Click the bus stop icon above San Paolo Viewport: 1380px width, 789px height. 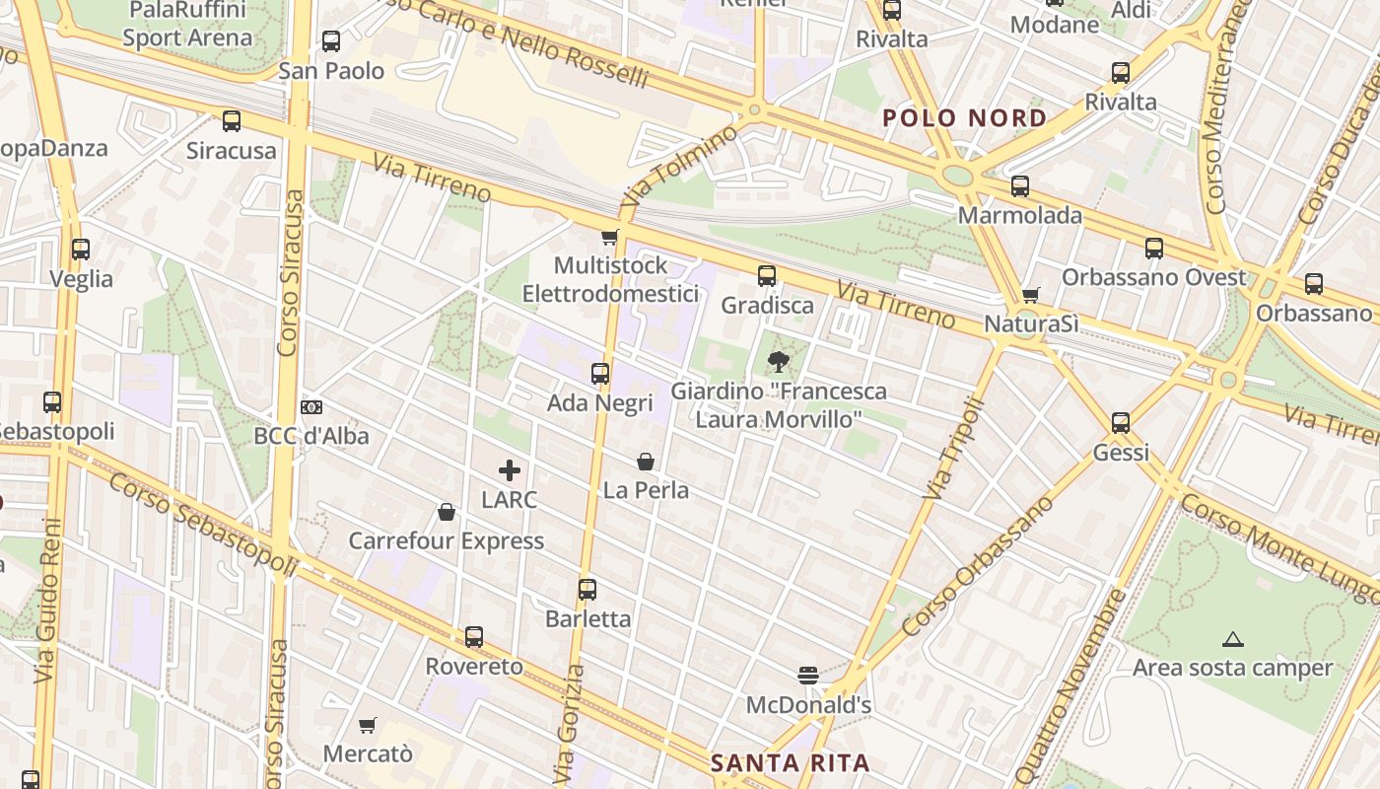click(x=331, y=41)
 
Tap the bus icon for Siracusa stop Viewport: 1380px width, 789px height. click(x=232, y=121)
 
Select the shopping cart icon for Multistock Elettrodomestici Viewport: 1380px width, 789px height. click(x=610, y=237)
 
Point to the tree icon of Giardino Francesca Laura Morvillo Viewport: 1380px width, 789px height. click(x=778, y=362)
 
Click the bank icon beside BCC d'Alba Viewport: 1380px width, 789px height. click(x=311, y=407)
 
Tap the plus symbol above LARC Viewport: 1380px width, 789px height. click(x=510, y=470)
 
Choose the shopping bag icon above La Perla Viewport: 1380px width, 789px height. click(x=646, y=461)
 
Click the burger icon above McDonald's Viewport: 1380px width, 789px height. click(x=808, y=676)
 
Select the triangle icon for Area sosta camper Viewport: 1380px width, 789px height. click(x=1232, y=640)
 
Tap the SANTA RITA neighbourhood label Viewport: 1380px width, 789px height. click(x=791, y=762)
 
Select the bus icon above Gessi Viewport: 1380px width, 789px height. click(x=1121, y=423)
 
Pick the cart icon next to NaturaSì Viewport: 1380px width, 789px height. click(x=1031, y=295)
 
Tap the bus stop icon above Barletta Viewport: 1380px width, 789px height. click(x=587, y=590)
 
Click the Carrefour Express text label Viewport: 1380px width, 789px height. click(x=446, y=540)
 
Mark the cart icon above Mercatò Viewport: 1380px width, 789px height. click(x=368, y=726)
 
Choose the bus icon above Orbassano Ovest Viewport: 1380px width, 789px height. click(x=1153, y=249)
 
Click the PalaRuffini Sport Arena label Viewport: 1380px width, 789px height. click(x=187, y=24)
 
